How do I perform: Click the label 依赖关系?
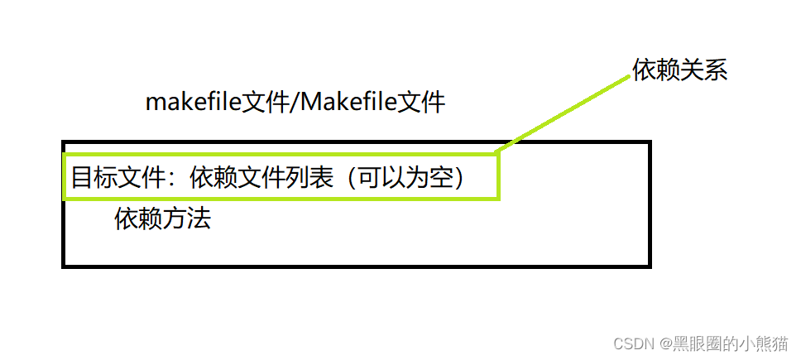[680, 70]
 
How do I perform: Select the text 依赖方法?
[163, 218]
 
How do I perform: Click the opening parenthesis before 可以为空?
[351, 178]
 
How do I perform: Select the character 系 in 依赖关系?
[716, 70]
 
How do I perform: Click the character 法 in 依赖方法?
[199, 218]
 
